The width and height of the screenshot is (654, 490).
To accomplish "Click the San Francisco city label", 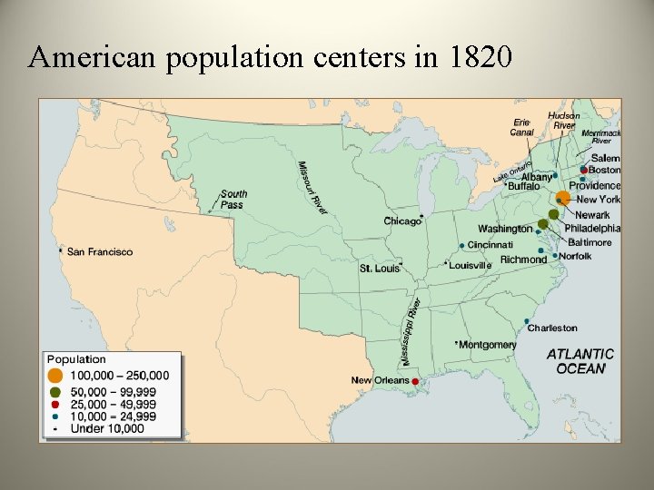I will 100,251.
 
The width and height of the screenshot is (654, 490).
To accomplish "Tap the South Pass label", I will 233,199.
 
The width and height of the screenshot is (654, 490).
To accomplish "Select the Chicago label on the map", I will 402,221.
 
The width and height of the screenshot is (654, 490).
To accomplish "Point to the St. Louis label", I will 379,269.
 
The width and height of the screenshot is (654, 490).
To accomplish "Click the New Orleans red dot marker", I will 416,383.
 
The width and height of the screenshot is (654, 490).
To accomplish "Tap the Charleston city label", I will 552,328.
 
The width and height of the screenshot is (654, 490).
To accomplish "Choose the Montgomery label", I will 488,345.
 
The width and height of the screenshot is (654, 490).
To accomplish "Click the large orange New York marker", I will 563,197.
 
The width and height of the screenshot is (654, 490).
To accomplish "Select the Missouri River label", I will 312,188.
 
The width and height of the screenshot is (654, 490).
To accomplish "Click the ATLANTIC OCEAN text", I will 580,361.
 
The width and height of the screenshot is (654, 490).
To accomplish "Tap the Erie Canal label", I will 521,127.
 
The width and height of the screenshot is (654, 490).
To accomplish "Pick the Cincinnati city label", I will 490,244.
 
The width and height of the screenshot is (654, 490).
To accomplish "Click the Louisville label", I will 471,265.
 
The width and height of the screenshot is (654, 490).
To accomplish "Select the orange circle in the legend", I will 55,375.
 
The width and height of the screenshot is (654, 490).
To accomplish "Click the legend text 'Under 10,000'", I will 107,428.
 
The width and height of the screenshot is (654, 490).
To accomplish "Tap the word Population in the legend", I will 76,359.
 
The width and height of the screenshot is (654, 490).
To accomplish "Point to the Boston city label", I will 605,170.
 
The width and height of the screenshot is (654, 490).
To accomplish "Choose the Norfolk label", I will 575,256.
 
